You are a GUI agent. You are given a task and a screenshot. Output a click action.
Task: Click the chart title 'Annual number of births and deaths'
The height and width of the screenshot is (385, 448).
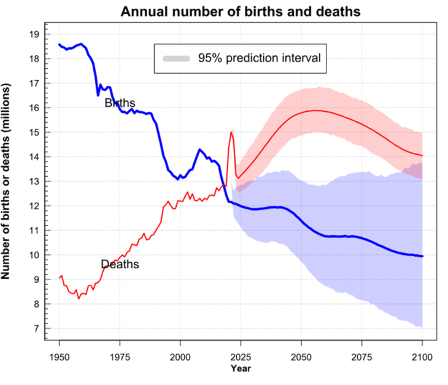(x=240, y=11)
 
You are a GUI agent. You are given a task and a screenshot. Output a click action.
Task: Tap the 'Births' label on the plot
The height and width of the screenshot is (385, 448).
(x=120, y=103)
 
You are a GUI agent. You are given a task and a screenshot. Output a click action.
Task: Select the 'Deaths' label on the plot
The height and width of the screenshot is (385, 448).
(x=120, y=265)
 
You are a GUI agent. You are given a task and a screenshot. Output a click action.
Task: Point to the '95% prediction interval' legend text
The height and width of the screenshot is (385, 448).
(x=259, y=59)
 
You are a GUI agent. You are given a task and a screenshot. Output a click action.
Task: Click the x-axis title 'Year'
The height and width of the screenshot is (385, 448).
(x=240, y=369)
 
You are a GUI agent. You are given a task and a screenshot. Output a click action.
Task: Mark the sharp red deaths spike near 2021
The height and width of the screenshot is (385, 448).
(x=231, y=132)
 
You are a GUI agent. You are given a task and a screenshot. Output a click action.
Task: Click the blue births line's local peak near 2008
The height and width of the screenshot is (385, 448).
(x=199, y=149)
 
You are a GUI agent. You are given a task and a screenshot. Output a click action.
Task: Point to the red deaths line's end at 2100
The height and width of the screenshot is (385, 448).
(x=422, y=155)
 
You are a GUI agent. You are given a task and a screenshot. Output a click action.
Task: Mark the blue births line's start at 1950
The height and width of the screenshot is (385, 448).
(x=60, y=44)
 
